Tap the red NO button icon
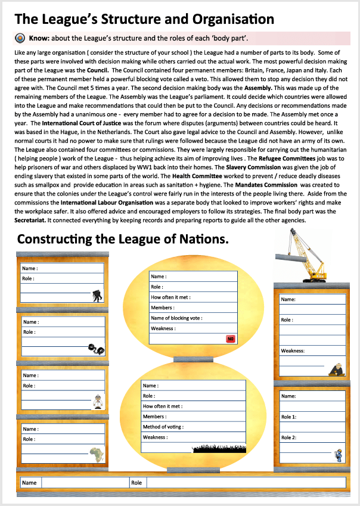[x=231, y=339]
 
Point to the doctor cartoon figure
[x=97, y=402]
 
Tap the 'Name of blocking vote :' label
[x=176, y=318]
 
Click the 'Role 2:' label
[x=289, y=438]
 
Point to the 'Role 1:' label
[x=289, y=417]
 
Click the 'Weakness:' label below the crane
[x=293, y=351]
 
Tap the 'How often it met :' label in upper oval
[x=171, y=297]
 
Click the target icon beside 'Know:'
[x=19, y=38]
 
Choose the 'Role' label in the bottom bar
[x=136, y=483]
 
